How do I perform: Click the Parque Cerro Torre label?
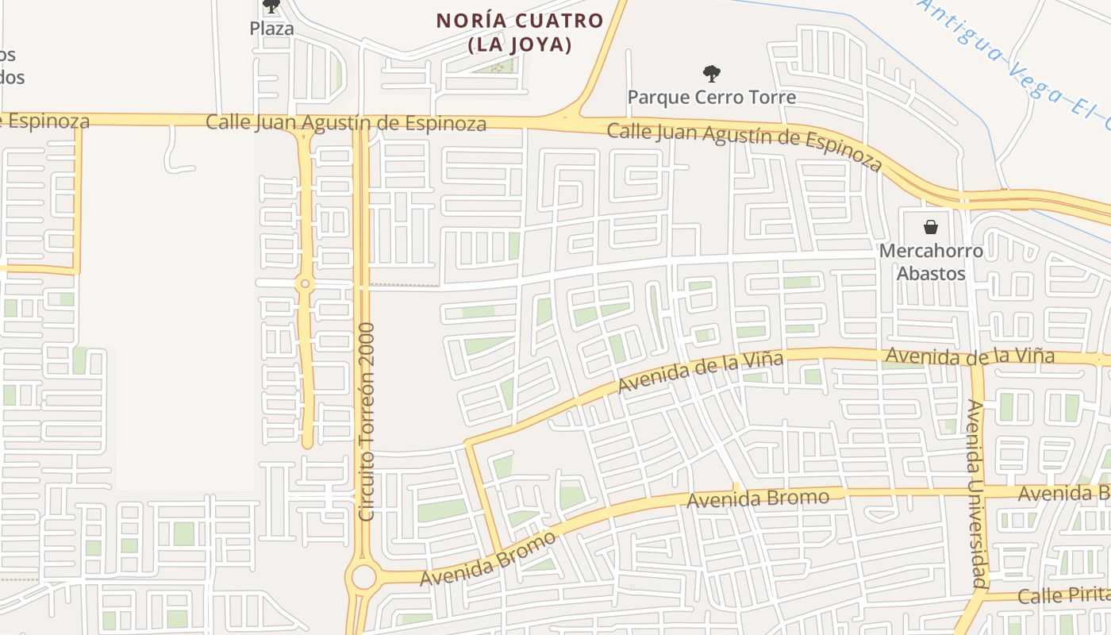711,98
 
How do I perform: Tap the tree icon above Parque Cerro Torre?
711,74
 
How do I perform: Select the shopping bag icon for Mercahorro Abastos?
931,227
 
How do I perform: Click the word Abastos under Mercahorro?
931,274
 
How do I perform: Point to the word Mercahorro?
931,252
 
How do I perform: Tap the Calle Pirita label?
1063,595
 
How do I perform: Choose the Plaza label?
271,29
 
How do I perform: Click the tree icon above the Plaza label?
271,6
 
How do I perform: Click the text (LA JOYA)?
520,44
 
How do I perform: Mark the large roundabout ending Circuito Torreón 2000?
363,577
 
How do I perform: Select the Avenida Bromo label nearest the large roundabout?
487,560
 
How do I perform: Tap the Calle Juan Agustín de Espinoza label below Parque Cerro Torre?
744,147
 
